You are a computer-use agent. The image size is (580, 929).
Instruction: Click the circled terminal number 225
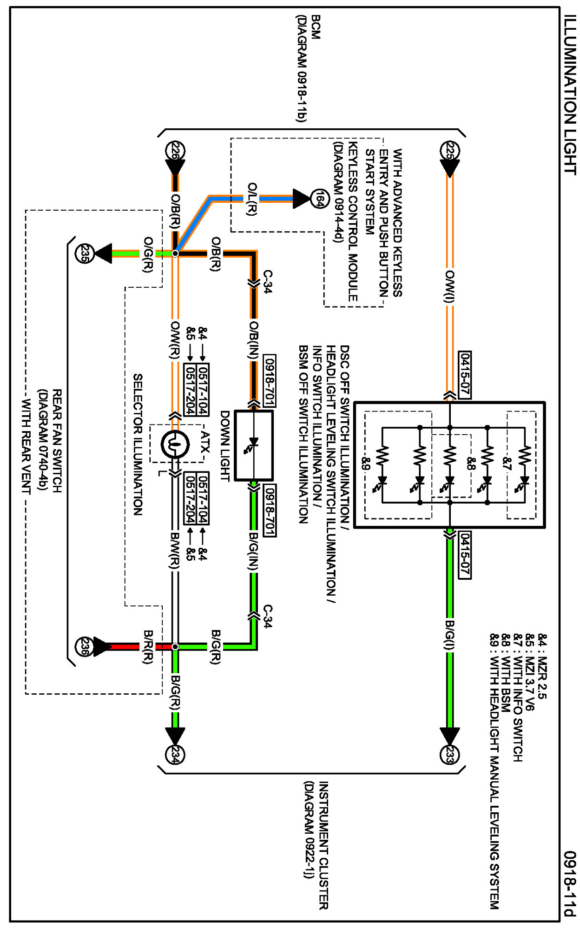point(449,151)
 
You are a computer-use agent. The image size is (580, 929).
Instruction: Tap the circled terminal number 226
point(175,151)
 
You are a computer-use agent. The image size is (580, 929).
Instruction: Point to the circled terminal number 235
point(84,253)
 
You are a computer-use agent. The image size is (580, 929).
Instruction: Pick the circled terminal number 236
point(84,646)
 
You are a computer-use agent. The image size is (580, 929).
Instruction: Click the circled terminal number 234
point(175,754)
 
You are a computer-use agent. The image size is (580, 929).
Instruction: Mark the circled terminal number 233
point(449,754)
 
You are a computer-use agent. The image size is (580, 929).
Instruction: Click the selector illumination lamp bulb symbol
point(175,445)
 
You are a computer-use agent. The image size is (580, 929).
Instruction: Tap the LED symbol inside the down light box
point(253,445)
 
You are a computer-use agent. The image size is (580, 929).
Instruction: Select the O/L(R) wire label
point(251,199)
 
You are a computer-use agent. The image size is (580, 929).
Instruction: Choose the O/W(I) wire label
point(449,286)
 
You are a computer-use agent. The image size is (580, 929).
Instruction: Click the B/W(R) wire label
point(175,550)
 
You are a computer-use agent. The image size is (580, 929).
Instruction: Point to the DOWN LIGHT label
point(224,445)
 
